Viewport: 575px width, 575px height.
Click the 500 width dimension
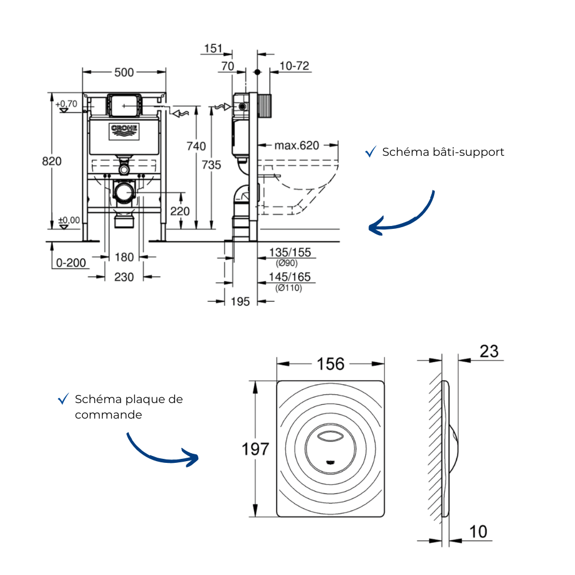[x=124, y=72]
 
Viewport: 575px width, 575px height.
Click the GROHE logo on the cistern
[x=124, y=132]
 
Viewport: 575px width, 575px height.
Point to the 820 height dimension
[x=52, y=161]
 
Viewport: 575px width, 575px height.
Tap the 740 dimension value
[x=196, y=146]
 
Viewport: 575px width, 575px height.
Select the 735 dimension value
[x=211, y=164]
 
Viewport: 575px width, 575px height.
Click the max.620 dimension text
[x=297, y=145]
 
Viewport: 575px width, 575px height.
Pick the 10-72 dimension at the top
[x=294, y=66]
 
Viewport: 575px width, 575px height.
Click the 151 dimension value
[x=213, y=48]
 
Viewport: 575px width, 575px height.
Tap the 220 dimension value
[x=179, y=211]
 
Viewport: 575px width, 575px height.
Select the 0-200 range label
[x=71, y=263]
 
